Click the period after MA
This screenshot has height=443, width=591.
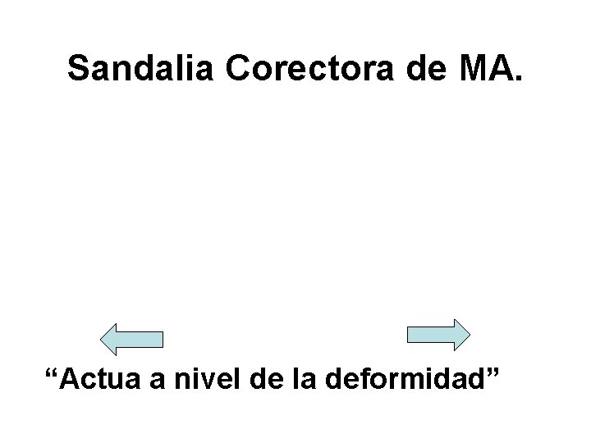click(515, 80)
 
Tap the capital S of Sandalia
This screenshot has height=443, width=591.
click(79, 69)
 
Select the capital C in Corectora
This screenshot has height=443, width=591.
click(238, 69)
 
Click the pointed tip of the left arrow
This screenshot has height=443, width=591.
click(101, 338)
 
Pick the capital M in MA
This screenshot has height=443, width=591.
click(466, 69)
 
